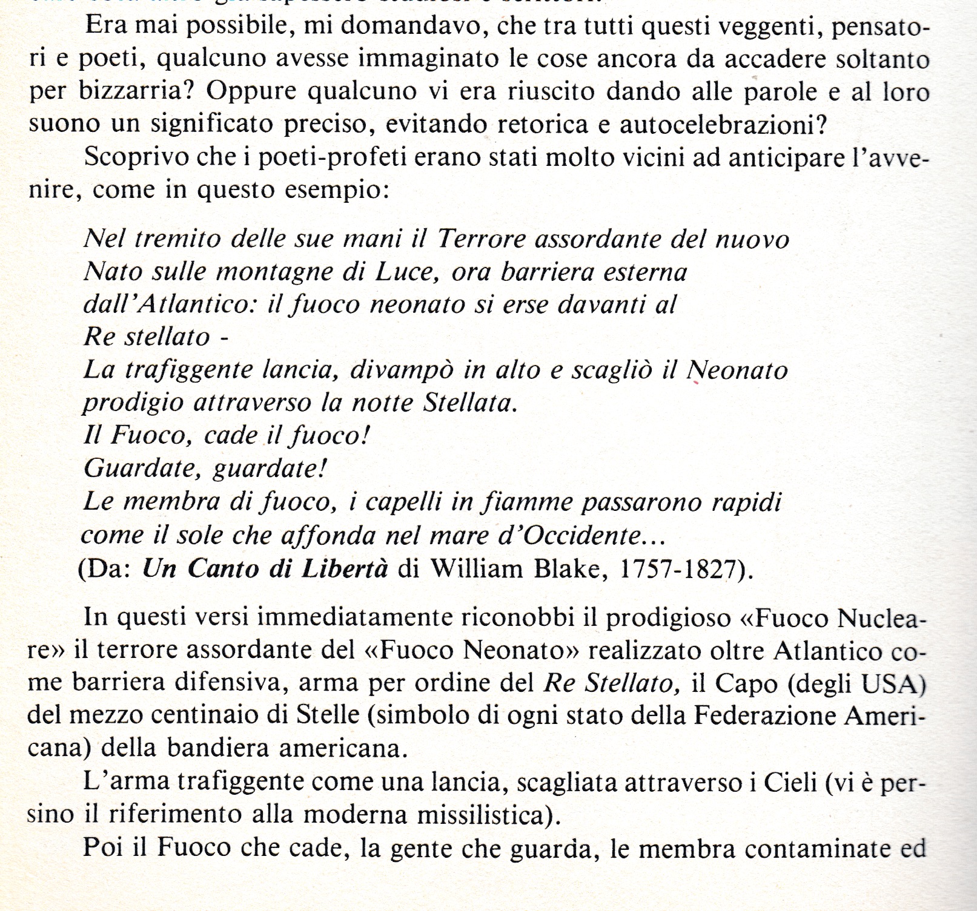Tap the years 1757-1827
tap(682, 569)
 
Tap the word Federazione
tap(766, 717)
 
